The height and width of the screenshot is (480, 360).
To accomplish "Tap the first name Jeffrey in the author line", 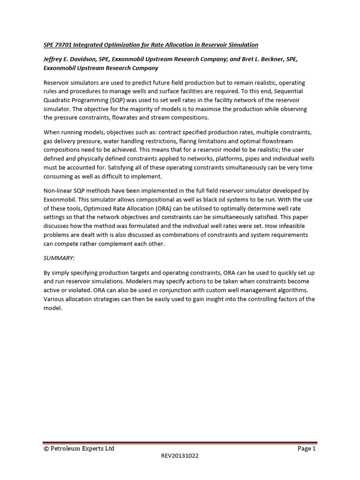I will tap(54, 59).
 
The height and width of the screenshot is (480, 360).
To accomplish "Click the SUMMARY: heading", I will tap(59, 258).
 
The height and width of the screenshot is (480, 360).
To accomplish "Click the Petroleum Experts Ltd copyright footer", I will tap(78, 449).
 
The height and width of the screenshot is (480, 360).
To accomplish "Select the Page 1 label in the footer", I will tap(307, 449).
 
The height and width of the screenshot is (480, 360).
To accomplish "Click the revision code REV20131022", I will tap(180, 456).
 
